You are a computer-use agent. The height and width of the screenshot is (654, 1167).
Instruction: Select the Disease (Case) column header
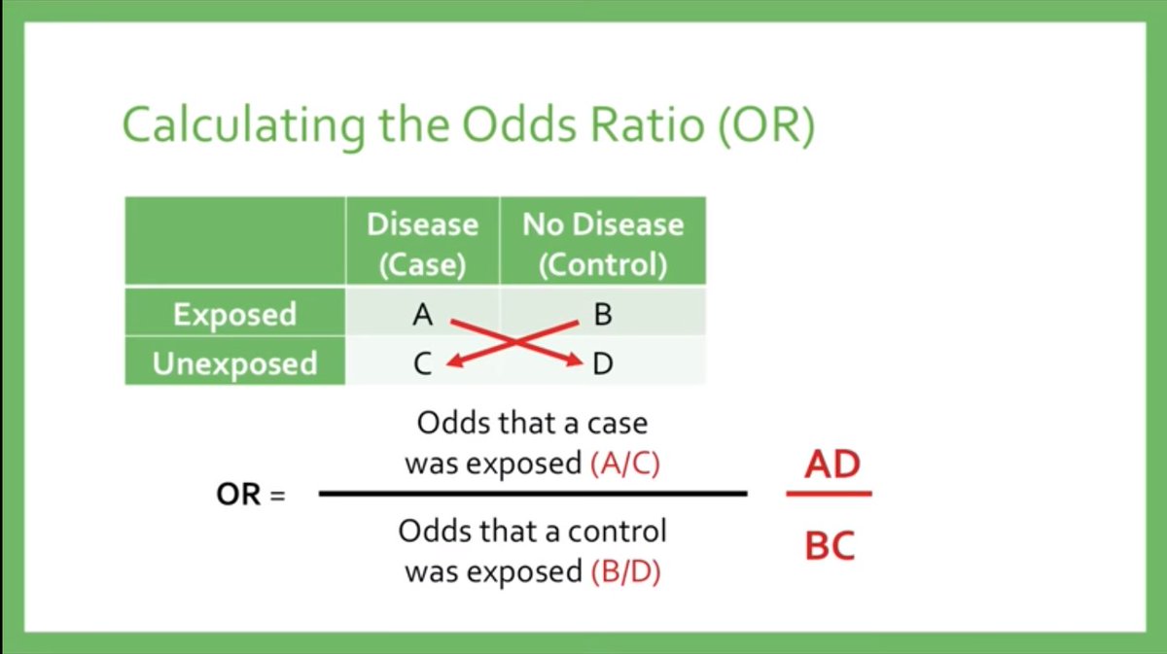(422, 243)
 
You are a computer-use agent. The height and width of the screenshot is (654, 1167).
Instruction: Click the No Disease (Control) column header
(603, 243)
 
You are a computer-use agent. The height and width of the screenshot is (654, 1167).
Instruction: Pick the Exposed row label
(234, 314)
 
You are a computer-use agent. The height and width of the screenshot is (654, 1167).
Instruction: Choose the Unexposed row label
(234, 363)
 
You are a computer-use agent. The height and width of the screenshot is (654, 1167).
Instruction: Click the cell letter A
(422, 315)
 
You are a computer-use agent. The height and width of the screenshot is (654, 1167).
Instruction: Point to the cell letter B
(602, 315)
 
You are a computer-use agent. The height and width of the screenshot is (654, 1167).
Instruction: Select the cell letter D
(603, 364)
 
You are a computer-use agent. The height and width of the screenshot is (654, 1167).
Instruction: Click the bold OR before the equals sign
(239, 495)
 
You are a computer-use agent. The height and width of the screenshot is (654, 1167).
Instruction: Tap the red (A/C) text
(625, 464)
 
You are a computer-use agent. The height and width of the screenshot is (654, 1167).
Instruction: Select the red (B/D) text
(625, 571)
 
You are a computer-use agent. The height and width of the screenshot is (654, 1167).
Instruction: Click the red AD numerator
(832, 464)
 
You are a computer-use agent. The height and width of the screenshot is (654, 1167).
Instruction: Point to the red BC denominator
(830, 545)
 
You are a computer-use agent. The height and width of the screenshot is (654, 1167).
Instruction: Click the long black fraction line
(532, 494)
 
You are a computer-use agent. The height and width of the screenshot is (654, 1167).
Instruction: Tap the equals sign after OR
(277, 496)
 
